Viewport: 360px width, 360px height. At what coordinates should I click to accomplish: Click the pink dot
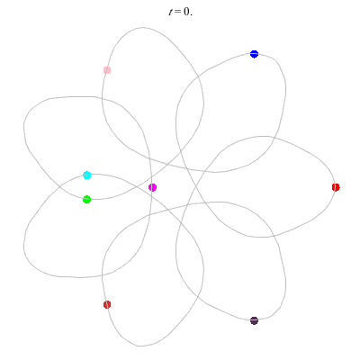pos(107,70)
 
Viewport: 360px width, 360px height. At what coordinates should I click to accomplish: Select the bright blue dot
pos(254,54)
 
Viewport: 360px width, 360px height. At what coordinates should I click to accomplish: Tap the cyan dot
pos(87,175)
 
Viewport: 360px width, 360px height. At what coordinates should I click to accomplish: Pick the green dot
pos(86,200)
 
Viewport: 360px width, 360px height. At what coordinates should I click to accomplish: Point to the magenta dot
pos(152,187)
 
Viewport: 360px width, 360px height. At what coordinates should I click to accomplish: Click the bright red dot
pos(336,187)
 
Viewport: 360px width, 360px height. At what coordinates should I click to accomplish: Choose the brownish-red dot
pos(107,305)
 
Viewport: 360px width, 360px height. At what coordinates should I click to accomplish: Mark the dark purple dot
pos(254,320)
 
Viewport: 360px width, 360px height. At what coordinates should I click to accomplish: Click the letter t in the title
pos(171,12)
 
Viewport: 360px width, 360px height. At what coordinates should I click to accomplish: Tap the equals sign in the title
pos(178,12)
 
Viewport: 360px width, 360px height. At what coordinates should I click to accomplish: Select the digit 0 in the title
pos(186,12)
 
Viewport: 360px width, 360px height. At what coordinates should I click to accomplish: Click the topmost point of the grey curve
pos(142,28)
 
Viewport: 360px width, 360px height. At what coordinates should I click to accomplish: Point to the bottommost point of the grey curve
pos(140,346)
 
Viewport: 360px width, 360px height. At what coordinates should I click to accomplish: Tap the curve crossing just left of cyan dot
pos(59,187)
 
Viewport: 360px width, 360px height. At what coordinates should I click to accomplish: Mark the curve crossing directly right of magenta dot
pos(195,187)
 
